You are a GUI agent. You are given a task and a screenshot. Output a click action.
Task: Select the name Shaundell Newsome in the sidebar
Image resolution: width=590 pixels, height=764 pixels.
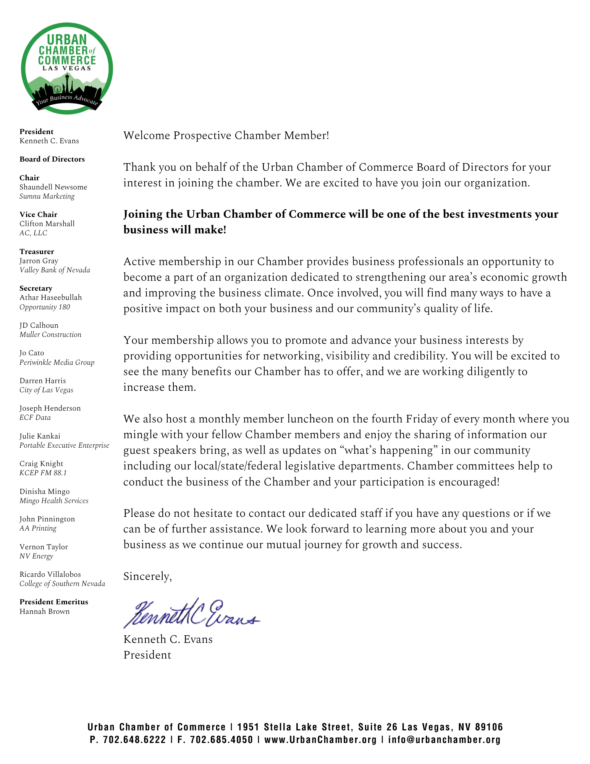pyautogui.click(x=53, y=187)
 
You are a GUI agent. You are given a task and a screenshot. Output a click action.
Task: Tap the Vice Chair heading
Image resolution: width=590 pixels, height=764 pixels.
pyautogui.click(x=38, y=214)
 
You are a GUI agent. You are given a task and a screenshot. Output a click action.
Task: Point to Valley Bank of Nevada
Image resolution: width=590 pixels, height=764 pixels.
pyautogui.click(x=55, y=270)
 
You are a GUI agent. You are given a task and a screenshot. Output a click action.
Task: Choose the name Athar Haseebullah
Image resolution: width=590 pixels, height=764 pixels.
pyautogui.click(x=50, y=298)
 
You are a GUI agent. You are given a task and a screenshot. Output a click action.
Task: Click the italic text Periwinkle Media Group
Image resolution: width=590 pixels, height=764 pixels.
pyautogui.click(x=57, y=362)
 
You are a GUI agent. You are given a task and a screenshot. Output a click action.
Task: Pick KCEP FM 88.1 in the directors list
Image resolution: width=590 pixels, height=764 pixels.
pyautogui.click(x=43, y=473)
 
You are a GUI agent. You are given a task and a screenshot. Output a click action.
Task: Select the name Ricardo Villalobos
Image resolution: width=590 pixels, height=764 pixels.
pyautogui.click(x=50, y=574)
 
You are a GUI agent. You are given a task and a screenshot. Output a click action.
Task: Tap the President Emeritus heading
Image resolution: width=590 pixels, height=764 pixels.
pyautogui.click(x=54, y=602)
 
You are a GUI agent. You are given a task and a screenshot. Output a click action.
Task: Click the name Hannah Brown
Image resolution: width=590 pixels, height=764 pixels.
pyautogui.click(x=45, y=611)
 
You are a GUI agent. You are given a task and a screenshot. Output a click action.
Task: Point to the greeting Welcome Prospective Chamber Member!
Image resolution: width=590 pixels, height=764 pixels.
pyautogui.click(x=226, y=136)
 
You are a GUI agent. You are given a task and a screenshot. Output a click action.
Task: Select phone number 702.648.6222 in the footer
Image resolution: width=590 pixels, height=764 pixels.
pyautogui.click(x=134, y=740)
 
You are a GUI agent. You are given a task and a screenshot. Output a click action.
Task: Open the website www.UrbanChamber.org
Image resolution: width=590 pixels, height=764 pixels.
pyautogui.click(x=320, y=740)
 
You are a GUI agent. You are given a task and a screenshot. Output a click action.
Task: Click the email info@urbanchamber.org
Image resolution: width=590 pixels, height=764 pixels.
pyautogui.click(x=444, y=740)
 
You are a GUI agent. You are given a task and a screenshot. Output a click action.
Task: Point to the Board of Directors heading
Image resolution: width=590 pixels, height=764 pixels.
pyautogui.click(x=52, y=159)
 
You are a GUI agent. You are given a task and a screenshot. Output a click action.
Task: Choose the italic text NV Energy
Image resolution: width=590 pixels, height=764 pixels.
pyautogui.click(x=36, y=556)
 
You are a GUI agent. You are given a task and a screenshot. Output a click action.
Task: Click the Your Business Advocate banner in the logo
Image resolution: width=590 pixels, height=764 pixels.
pyautogui.click(x=67, y=100)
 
